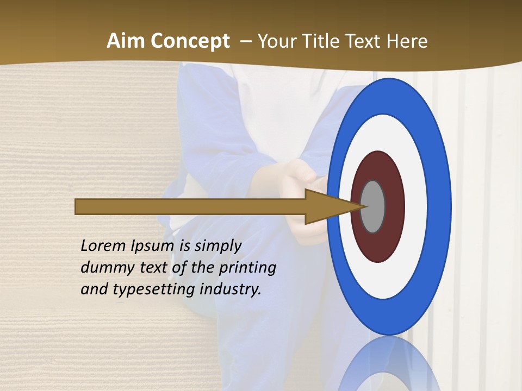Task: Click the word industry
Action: click(231, 289)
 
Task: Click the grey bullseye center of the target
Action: click(373, 206)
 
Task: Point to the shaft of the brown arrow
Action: click(190, 207)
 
